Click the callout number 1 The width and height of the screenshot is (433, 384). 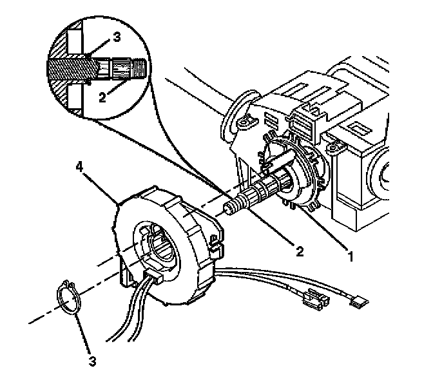tap(351, 256)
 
